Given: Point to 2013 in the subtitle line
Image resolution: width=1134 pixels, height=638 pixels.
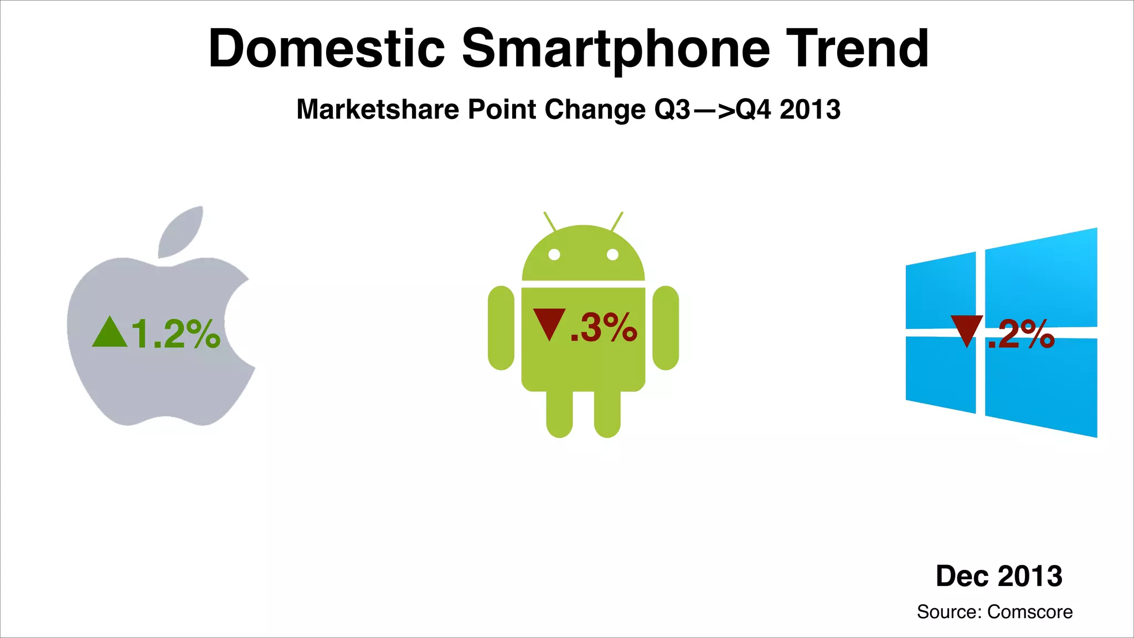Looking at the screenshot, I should click(x=810, y=109).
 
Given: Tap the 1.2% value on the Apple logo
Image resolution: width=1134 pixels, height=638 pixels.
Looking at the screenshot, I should click(x=176, y=334).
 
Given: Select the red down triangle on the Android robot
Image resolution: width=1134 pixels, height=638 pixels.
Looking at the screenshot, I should click(x=549, y=324).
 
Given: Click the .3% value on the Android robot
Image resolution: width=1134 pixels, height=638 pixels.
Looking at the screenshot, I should click(x=604, y=327).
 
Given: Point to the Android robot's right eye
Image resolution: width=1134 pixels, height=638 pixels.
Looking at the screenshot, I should click(x=612, y=255).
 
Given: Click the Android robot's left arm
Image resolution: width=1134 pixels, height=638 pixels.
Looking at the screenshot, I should click(x=501, y=328).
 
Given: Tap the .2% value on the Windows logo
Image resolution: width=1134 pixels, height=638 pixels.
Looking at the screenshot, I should click(x=1022, y=334).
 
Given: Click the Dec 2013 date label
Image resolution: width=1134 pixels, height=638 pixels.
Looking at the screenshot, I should click(x=999, y=576).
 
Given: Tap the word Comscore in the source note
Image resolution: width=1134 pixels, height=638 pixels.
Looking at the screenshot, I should click(x=1030, y=612).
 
